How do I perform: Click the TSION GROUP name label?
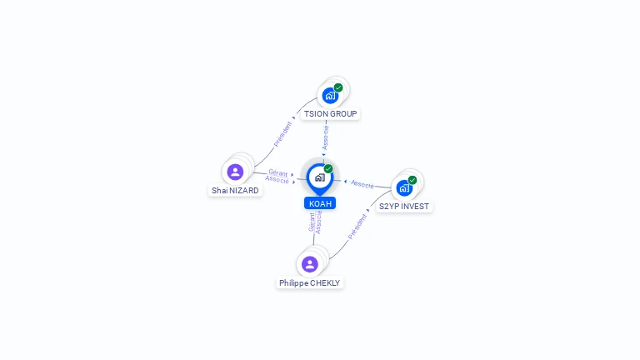(330, 113)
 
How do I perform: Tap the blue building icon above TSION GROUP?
(330, 96)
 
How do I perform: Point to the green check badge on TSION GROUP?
(338, 87)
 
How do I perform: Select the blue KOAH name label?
(320, 203)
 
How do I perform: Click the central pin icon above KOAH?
(319, 177)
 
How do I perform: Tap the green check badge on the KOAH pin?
(328, 168)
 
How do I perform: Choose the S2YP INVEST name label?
(404, 206)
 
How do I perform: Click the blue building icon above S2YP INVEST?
(404, 188)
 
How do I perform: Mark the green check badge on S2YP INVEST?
(412, 180)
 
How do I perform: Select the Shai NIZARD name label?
(235, 190)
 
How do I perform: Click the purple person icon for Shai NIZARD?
(235, 172)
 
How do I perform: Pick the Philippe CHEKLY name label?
(309, 282)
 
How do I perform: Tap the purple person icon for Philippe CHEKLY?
(310, 264)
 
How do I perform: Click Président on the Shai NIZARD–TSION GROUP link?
(283, 133)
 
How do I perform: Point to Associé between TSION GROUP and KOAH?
(326, 137)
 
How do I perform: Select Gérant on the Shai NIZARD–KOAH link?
(278, 172)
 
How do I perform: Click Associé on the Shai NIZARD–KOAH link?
(277, 179)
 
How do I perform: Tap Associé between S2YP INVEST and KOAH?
(362, 183)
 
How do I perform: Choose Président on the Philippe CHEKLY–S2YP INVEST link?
(357, 226)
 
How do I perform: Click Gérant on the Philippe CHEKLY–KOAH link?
(312, 222)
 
